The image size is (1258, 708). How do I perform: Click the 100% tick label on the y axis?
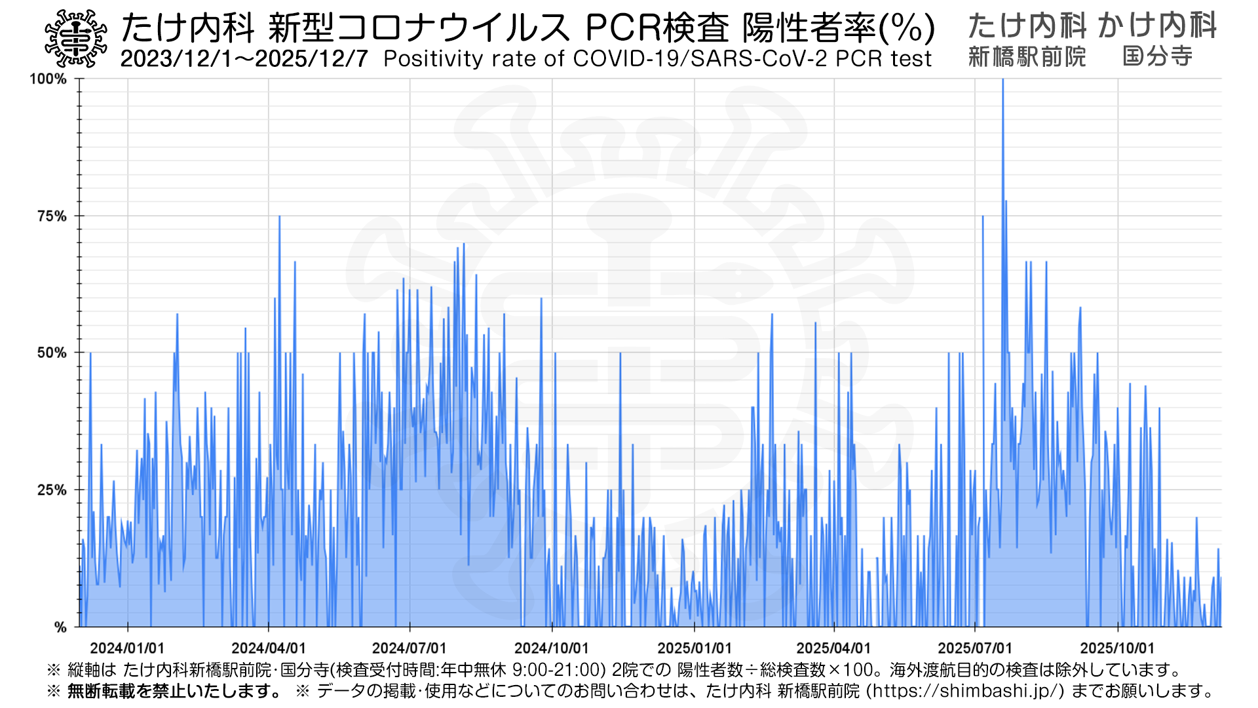pos(48,79)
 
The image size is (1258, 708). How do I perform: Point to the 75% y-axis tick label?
pos(52,216)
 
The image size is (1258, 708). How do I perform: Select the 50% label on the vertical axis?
pos(52,353)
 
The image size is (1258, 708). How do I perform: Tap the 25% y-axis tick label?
pos(52,490)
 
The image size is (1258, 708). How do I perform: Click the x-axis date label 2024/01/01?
pos(127,648)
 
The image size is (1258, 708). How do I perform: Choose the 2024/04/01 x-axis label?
pos(269,648)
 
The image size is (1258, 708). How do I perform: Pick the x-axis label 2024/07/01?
pos(410,648)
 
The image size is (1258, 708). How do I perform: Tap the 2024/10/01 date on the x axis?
pos(552,648)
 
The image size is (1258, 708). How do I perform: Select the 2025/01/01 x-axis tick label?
pos(695,648)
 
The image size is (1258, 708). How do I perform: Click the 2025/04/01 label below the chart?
pos(833,648)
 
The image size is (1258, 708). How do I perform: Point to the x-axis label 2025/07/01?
pos(975,648)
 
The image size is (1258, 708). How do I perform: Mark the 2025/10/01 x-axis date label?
pos(1117,648)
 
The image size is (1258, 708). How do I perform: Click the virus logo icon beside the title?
pos(76,39)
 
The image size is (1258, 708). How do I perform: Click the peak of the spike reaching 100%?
pos(1002,80)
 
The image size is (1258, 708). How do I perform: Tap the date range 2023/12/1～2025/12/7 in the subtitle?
pos(244,59)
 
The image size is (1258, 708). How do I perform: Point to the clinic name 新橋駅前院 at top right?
pos(1027,57)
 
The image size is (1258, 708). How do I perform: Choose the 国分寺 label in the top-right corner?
pos(1157,57)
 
